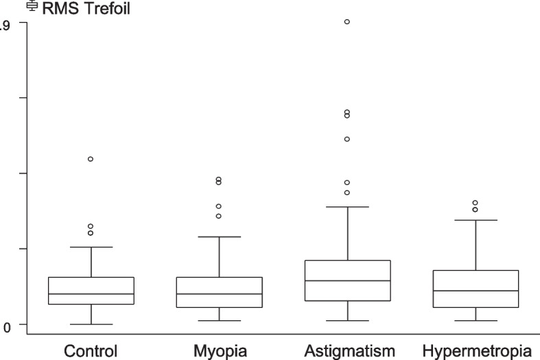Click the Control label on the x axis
91,350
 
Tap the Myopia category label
219,350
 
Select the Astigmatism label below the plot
347,350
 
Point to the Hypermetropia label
476,350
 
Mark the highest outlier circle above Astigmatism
347,22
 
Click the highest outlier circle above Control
91,159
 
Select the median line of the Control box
91,294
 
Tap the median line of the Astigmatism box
347,280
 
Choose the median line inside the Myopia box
219,294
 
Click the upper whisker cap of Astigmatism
347,206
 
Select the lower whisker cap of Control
91,324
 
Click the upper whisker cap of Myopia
219,237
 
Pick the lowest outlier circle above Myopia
219,216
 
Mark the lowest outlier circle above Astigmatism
347,193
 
